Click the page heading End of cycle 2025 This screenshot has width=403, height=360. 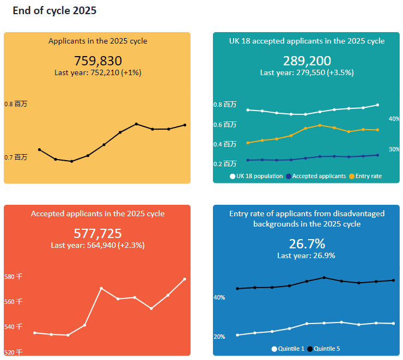(x=54, y=11)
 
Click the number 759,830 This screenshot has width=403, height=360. (x=98, y=60)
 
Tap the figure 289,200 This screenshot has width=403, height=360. (x=307, y=60)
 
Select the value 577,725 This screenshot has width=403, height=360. (x=98, y=234)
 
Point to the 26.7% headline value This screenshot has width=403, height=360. (x=307, y=243)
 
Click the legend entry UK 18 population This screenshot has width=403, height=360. (x=257, y=176)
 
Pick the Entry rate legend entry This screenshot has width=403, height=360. (x=365, y=176)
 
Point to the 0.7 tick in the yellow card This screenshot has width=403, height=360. (x=16, y=157)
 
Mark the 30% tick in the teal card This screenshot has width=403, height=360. (x=394, y=149)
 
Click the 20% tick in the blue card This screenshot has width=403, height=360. (x=219, y=337)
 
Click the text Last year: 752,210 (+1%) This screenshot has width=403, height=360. (x=98, y=73)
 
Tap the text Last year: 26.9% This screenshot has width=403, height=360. (x=306, y=255)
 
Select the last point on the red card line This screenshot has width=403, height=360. (x=185, y=279)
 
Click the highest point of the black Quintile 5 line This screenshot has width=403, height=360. (x=324, y=278)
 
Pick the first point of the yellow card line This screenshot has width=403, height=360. (x=39, y=150)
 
